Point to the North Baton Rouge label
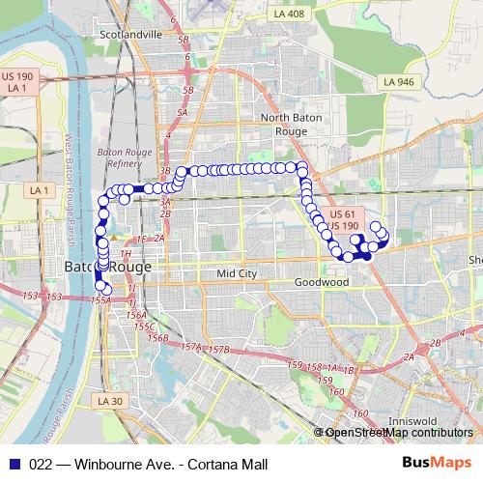click(x=284, y=124)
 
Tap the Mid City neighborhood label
click(x=237, y=273)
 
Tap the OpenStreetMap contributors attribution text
click(x=399, y=433)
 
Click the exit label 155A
click(x=100, y=300)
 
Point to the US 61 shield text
click(x=342, y=213)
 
